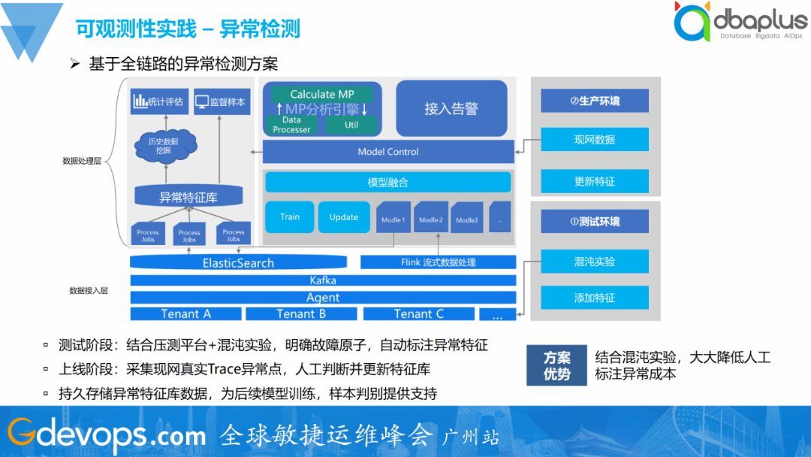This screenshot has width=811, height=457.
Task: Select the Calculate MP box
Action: click(x=322, y=94)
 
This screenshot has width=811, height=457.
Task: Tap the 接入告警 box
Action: click(x=451, y=108)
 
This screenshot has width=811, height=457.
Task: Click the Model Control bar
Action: click(x=388, y=152)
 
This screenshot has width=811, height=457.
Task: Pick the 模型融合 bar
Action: click(x=387, y=183)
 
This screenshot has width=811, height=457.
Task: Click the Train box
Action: click(x=290, y=217)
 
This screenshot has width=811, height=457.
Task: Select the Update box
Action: click(x=344, y=217)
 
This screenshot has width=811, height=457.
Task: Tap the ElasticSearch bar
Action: click(x=238, y=263)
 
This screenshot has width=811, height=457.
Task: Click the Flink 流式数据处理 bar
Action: click(x=438, y=262)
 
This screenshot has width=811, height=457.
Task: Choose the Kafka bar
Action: click(x=323, y=280)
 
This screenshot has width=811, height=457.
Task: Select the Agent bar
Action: click(x=323, y=297)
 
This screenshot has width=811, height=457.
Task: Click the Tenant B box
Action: click(x=301, y=313)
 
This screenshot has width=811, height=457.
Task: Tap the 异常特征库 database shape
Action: click(x=188, y=197)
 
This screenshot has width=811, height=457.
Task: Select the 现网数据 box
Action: click(x=594, y=140)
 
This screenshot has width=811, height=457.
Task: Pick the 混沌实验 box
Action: click(x=594, y=262)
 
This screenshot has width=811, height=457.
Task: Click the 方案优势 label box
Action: click(x=557, y=365)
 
